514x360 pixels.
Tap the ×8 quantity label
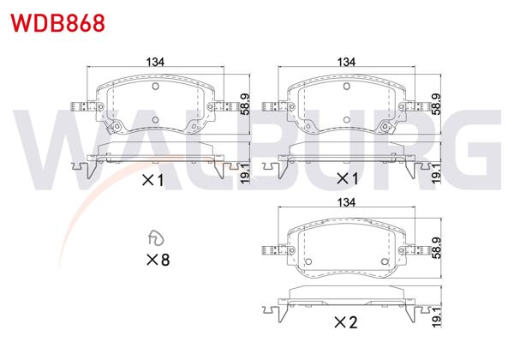(x=158, y=259)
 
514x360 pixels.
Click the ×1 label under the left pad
(x=151, y=180)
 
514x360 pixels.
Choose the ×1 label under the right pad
(x=345, y=179)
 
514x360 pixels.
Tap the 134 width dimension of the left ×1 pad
(x=154, y=61)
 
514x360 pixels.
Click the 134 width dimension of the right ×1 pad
(x=346, y=61)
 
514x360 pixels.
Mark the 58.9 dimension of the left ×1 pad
(x=244, y=104)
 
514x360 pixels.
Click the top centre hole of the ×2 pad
(x=346, y=227)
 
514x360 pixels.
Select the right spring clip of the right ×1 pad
(x=420, y=107)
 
